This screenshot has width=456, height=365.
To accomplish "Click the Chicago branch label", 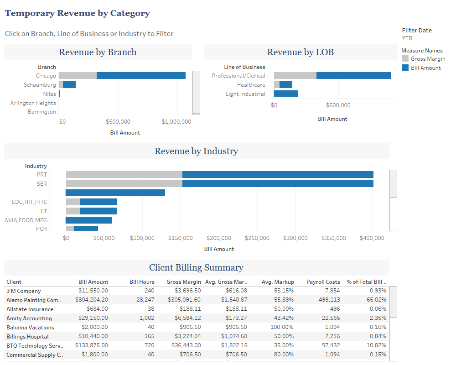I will (46, 76).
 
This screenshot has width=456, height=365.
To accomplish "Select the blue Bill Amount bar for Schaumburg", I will (69, 85).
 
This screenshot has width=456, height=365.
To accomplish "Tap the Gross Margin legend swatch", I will (405, 59).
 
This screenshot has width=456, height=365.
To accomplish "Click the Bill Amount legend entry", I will (425, 68).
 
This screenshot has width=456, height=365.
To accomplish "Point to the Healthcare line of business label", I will (251, 85).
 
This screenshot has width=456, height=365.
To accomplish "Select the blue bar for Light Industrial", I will (286, 94).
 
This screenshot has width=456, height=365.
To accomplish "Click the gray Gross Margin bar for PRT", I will (124, 175).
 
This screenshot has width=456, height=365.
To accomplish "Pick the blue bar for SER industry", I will (278, 184).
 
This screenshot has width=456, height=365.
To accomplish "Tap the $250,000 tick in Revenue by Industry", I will (258, 238).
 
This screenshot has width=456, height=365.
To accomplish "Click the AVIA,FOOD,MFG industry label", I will (26, 220).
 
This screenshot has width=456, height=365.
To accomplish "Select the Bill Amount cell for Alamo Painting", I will (93, 300).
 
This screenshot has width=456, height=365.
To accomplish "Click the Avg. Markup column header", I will (278, 282).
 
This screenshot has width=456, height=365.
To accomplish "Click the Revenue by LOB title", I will (300, 52).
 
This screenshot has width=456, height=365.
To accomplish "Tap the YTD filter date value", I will (407, 38).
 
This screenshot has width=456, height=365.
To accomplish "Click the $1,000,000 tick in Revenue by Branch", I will (176, 122).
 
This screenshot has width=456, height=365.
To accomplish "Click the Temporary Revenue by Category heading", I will (77, 13).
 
